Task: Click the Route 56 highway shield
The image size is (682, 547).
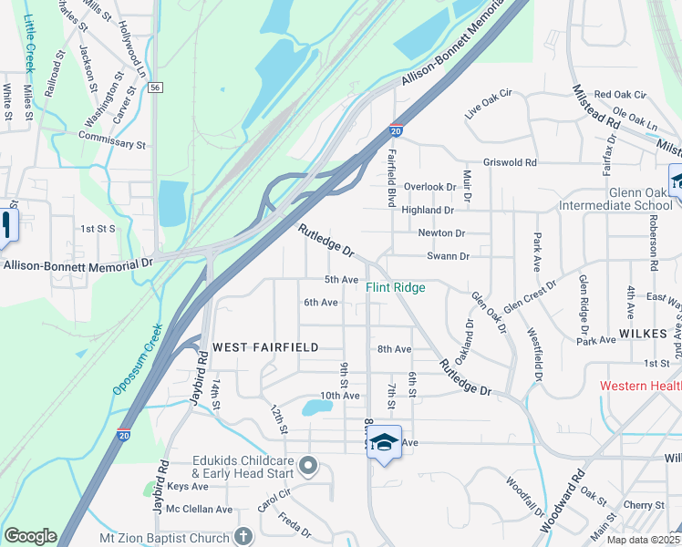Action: (157, 88)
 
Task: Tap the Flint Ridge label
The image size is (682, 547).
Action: (396, 288)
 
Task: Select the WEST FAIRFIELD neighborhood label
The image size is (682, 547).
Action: (265, 347)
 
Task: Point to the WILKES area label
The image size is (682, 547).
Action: (645, 335)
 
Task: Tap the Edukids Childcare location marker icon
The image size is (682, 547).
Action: (308, 467)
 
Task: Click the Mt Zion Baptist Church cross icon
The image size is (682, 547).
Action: (243, 537)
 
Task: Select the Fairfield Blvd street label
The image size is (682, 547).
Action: (392, 177)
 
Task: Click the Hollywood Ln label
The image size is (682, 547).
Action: (132, 50)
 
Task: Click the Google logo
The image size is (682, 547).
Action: (29, 536)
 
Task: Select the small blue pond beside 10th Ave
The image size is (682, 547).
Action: (316, 407)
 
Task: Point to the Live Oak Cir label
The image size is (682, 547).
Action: (490, 104)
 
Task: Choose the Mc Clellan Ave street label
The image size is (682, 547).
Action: (193, 509)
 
